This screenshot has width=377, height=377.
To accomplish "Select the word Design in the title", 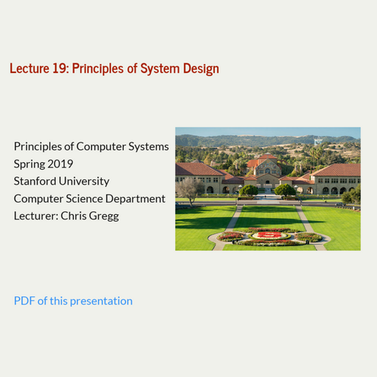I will click(x=201, y=69).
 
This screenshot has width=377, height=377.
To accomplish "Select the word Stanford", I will click(x=36, y=181).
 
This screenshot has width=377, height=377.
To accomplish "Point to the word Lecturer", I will click(x=36, y=216).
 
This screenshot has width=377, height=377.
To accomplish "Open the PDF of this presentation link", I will click(x=73, y=301).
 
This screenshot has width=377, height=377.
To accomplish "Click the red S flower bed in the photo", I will click(x=268, y=235).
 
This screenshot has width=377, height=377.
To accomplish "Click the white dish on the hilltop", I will click(x=317, y=141).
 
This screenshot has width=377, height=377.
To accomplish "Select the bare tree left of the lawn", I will click(x=189, y=188).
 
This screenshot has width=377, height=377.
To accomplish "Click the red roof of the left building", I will click(x=198, y=168).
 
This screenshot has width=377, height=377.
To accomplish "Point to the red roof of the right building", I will click(x=337, y=170).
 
